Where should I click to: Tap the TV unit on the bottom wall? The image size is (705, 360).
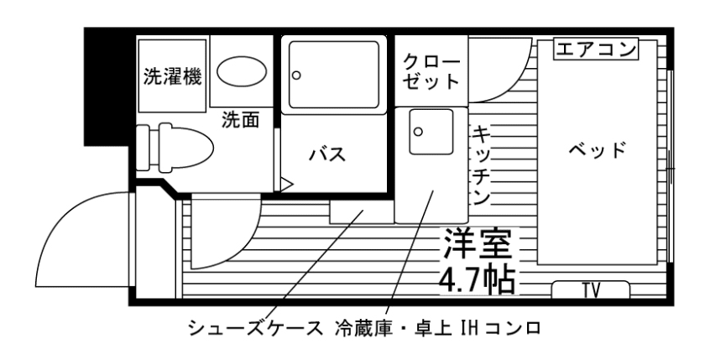591,290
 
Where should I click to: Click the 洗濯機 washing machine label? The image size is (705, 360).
172,77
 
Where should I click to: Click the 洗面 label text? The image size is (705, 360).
240,120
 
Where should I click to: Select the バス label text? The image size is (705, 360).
327,154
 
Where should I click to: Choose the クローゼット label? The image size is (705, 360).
431,72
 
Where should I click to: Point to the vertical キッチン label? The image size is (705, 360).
482,164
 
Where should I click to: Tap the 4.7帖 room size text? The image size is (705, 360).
477,280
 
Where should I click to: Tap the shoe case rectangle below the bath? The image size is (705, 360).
361,211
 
